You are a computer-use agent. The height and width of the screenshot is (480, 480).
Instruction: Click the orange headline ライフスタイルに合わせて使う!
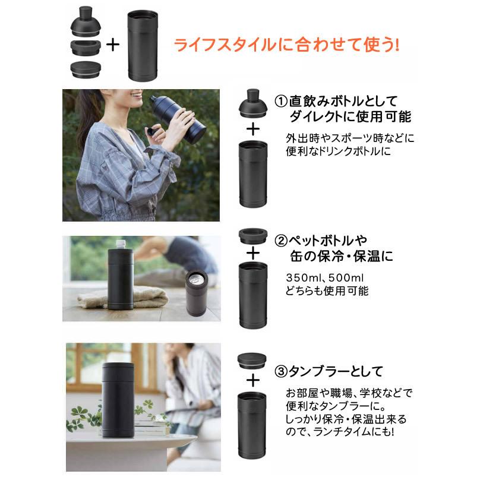pyautogui.click(x=287, y=45)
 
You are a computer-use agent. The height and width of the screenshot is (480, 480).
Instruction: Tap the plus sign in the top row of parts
pyautogui.click(x=113, y=45)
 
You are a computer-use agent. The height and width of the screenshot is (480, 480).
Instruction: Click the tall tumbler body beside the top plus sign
pyautogui.click(x=143, y=46)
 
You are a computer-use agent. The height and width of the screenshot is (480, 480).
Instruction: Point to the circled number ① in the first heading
pyautogui.click(x=281, y=102)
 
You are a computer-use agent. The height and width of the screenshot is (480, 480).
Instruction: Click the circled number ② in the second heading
pyautogui.click(x=281, y=241)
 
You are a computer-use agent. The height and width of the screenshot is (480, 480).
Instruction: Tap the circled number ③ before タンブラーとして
pyautogui.click(x=281, y=372)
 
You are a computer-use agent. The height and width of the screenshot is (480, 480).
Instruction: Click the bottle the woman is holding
pyautogui.click(x=178, y=116)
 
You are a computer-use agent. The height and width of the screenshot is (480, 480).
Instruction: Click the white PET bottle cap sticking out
pyautogui.click(x=121, y=244)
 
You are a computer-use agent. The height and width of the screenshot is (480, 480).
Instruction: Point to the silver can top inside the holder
pyautogui.click(x=197, y=277)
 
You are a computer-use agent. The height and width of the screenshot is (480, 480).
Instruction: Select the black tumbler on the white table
pyautogui.click(x=118, y=400)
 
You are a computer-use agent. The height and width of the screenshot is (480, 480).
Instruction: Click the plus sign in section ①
pyautogui.click(x=253, y=130)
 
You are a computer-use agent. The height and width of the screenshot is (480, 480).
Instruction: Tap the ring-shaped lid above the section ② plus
pyautogui.click(x=253, y=236)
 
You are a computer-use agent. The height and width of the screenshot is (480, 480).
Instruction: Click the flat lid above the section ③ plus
pyautogui.click(x=252, y=361)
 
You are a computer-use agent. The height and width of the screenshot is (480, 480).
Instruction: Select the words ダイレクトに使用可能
pyautogui.click(x=350, y=116)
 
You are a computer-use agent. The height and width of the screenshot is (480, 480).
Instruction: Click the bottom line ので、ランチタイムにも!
pyautogui.click(x=340, y=432)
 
